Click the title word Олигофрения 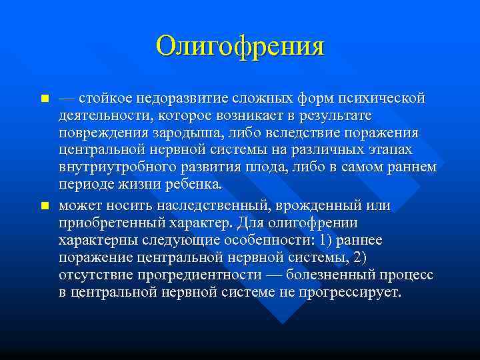tap(239, 47)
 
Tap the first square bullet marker tap(45, 99)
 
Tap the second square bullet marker tap(45, 206)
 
